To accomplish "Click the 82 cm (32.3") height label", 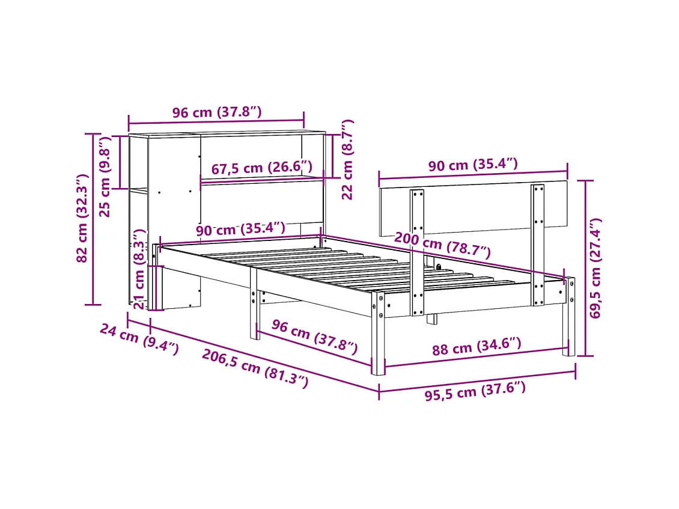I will (82, 218).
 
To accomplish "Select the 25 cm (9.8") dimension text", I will (105, 177).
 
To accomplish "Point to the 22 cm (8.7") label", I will (347, 159).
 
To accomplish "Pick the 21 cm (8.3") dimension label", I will (139, 269).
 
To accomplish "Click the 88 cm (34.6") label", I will (476, 347).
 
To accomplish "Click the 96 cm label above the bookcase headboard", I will (217, 112).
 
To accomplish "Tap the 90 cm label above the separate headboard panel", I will (473, 164).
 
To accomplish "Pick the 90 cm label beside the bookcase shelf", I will (240, 230).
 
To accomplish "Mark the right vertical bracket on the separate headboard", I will (537, 245).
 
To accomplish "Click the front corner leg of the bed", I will (379, 334).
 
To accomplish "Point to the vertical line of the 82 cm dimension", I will (93, 219).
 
